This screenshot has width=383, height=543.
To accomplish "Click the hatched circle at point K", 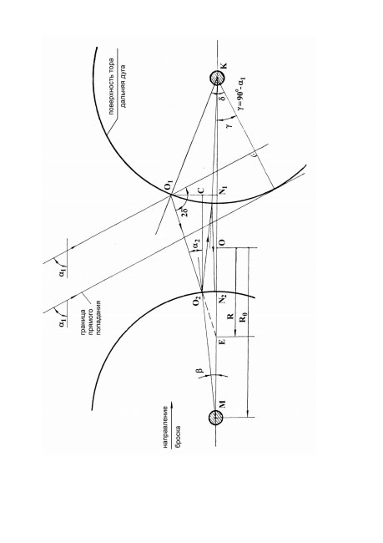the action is coord(217,79).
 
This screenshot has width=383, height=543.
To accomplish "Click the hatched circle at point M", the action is coord(215,418).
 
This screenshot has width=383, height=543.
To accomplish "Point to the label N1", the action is coord(224,190).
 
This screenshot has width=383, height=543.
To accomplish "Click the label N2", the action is coord(223,298).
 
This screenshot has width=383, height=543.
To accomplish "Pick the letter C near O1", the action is coord(201,190).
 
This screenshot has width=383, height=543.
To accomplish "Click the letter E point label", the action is coord(223,342).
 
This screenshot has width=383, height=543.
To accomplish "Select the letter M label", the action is coord(223,403).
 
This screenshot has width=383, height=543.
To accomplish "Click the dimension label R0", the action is coord(244,316).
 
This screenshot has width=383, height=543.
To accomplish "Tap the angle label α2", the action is coord(197,245).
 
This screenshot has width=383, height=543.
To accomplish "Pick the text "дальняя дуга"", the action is coord(123,87).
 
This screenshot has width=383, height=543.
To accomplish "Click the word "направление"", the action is coord(166,427).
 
